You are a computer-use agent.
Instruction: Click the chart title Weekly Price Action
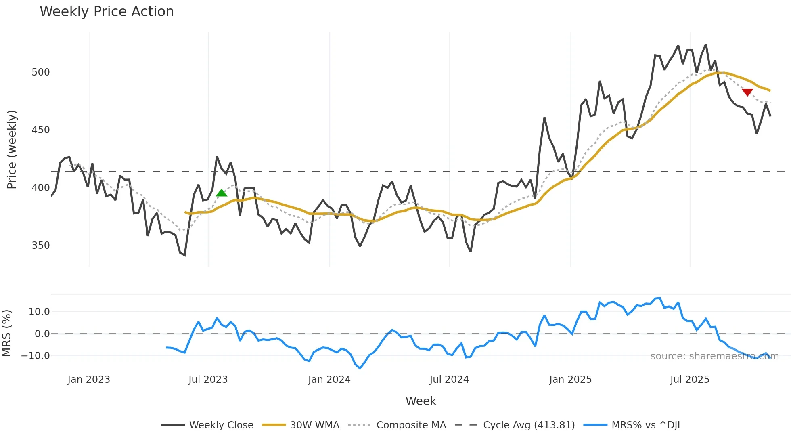tap(107, 12)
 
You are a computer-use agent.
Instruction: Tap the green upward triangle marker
tap(221, 193)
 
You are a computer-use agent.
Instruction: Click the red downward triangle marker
tap(747, 92)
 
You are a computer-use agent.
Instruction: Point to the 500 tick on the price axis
tap(41, 72)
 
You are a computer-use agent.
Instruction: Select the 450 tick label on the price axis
tap(41, 130)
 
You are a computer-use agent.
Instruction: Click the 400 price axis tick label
tap(41, 188)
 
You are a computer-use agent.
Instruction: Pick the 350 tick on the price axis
tap(41, 246)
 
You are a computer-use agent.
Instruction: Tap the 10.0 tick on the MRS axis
tap(39, 312)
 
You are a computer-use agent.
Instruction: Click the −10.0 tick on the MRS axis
tap(36, 356)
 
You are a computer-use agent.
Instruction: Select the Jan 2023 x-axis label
tap(89, 380)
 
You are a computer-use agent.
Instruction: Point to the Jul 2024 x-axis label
tap(449, 380)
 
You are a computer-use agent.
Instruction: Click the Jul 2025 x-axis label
tap(690, 380)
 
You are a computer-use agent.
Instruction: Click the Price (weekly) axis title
tap(12, 149)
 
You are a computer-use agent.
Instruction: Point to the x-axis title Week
tap(421, 401)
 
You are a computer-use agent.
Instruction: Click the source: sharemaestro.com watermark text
tap(714, 356)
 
